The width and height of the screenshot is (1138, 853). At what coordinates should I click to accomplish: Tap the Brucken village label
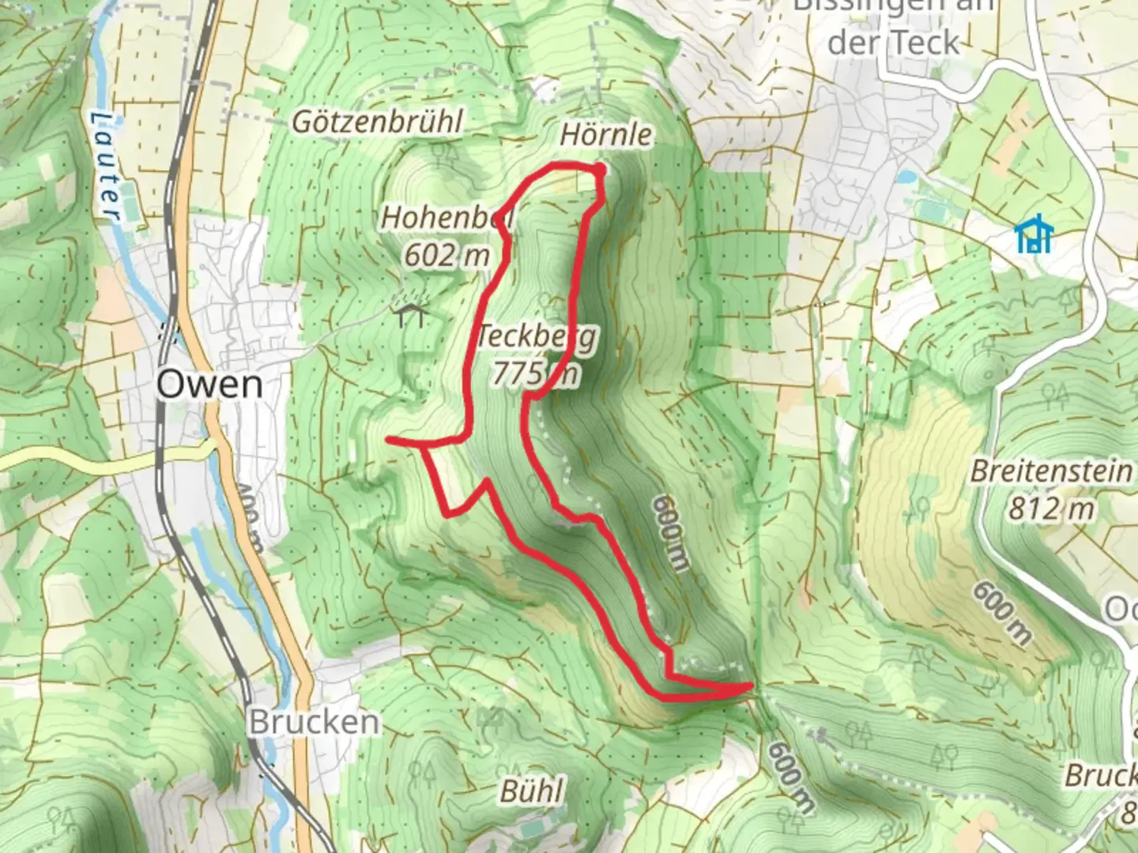(x=314, y=722)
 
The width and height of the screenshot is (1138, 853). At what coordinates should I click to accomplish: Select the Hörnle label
(x=606, y=134)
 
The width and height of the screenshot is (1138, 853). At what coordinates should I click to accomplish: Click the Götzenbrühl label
(x=378, y=122)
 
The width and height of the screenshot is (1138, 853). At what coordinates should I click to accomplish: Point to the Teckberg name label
(x=536, y=336)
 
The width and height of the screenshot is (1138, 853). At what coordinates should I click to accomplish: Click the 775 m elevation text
(x=535, y=373)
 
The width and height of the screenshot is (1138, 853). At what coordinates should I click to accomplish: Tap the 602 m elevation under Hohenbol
(x=447, y=255)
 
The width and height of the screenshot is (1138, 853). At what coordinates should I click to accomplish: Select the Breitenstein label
(x=1051, y=472)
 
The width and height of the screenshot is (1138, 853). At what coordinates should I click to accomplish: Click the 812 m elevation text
(x=1050, y=508)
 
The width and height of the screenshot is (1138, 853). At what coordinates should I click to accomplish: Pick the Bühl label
(x=532, y=791)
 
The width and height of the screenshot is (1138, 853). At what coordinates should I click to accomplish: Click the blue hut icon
(x=1033, y=235)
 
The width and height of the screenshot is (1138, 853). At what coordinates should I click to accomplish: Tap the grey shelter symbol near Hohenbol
(x=411, y=314)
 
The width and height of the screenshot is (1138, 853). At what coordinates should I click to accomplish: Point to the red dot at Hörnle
(x=600, y=170)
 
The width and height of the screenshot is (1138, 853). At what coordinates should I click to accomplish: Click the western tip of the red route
(x=388, y=439)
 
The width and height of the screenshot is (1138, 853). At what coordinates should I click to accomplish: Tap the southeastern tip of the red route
(x=749, y=687)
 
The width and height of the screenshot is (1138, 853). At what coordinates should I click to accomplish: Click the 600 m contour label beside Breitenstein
(x=1001, y=613)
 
